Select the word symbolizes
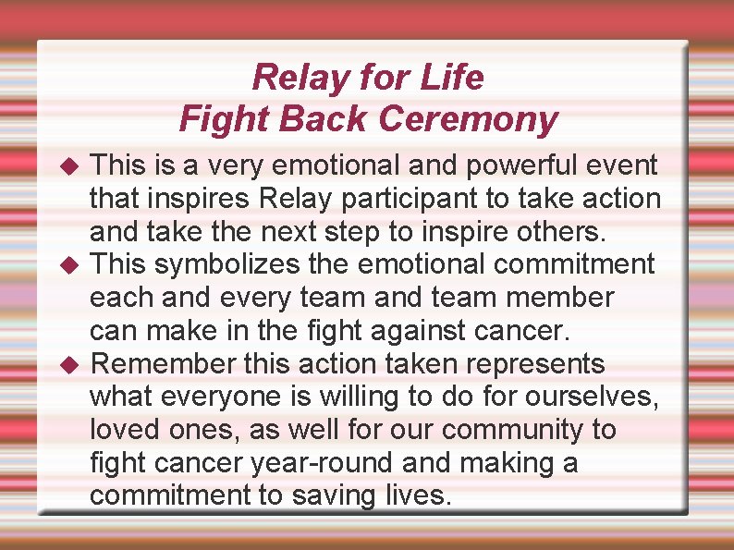[227, 264]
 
